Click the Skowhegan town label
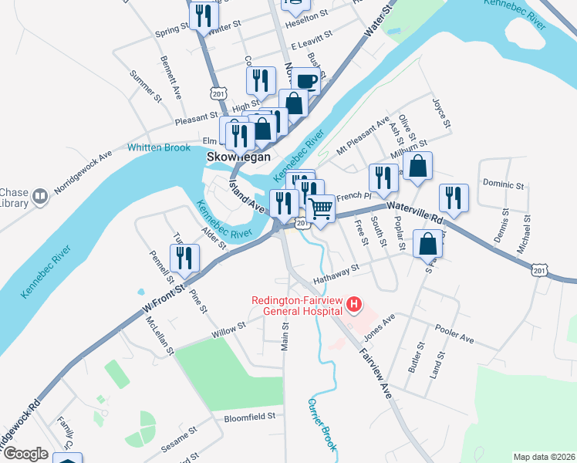[x=239, y=157]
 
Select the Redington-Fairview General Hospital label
[x=296, y=306]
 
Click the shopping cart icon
[x=321, y=208]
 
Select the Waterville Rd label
[x=416, y=211]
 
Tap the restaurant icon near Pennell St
[x=184, y=258]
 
